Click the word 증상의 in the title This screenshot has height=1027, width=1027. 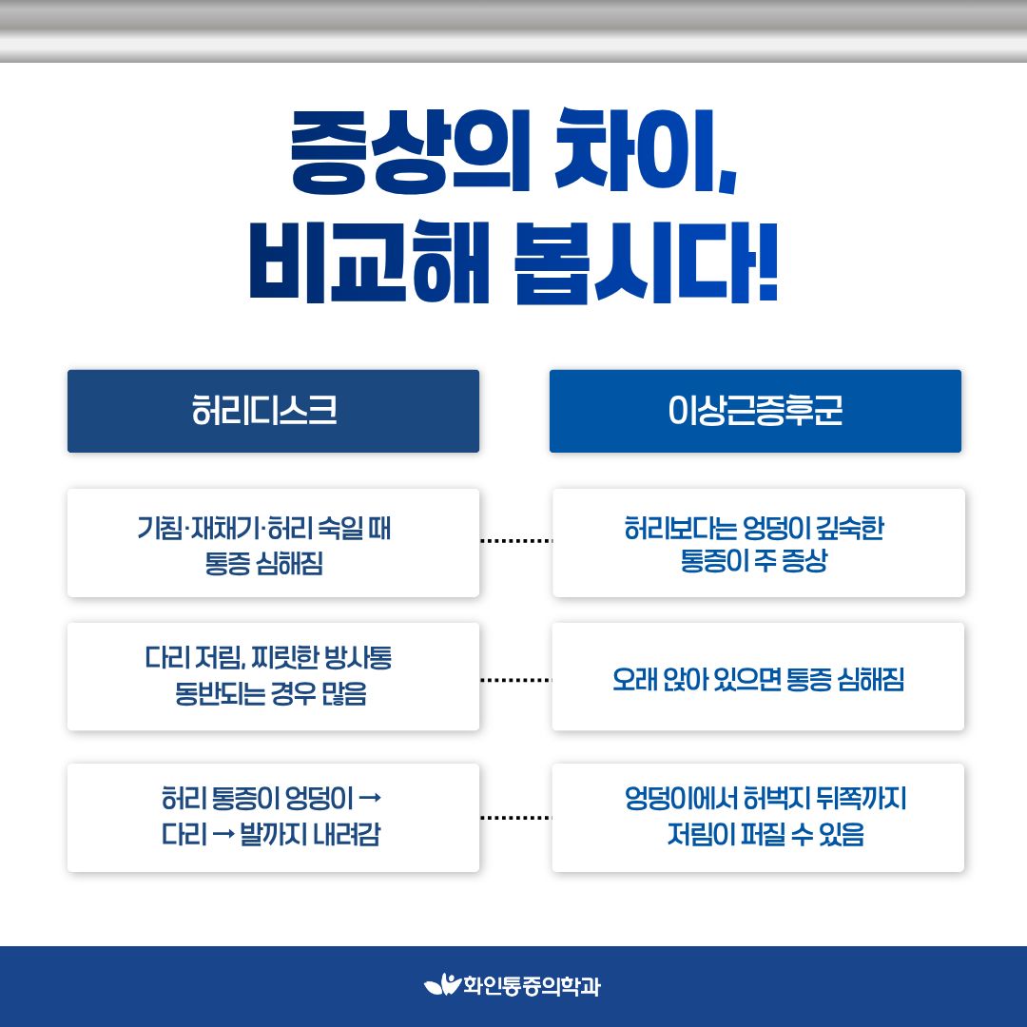409,151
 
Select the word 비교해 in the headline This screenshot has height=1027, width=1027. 369,262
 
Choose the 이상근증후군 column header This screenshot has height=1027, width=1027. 755,411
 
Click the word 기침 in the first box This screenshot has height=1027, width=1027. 160,528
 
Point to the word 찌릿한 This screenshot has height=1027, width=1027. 285,658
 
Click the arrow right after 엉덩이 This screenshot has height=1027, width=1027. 370,798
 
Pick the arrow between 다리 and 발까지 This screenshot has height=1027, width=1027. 224,835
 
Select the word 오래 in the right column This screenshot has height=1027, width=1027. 634,679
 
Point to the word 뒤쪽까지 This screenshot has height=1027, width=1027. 863,798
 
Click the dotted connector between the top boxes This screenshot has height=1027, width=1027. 516,541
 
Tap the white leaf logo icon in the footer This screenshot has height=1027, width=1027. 443,984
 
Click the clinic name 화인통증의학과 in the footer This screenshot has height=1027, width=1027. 532,986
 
